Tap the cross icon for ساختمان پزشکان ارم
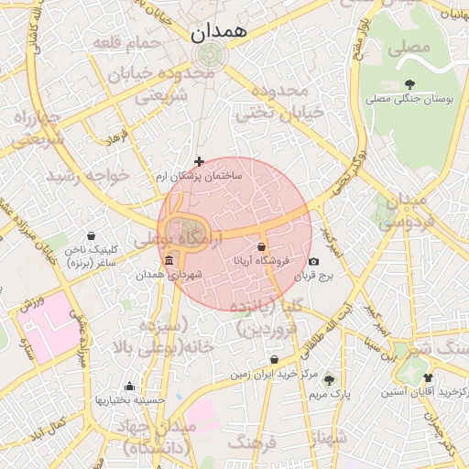199,161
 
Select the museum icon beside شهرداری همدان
168,262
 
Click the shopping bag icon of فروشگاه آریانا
262,246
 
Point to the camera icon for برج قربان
314,262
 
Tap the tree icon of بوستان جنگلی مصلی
409,84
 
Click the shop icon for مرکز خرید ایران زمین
275,359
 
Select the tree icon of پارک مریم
329,379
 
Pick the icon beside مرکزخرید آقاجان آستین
428,377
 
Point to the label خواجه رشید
84,174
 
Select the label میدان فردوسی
402,211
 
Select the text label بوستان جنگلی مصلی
409,99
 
